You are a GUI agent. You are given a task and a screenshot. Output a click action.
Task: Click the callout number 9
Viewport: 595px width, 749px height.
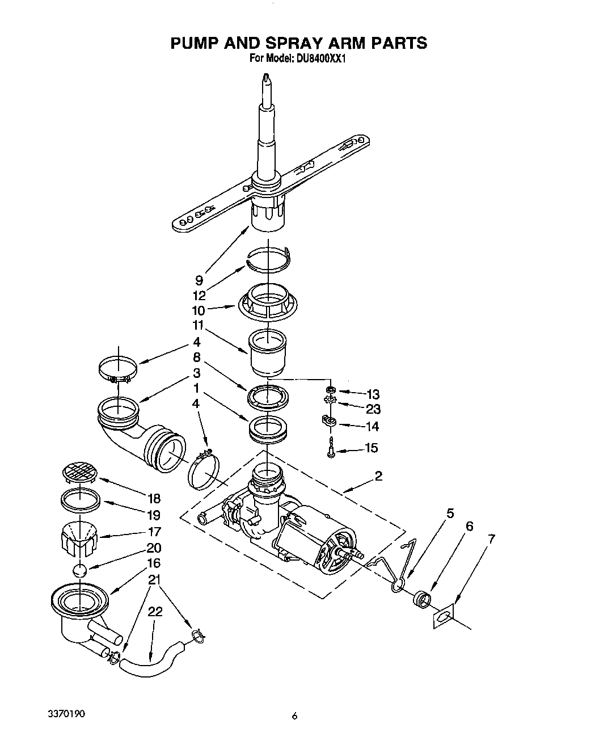(199, 280)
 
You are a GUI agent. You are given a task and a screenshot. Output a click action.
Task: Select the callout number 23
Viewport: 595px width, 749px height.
(373, 409)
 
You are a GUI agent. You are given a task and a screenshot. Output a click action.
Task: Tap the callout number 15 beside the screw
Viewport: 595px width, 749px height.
(372, 448)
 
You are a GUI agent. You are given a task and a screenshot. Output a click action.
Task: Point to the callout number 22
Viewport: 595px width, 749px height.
(155, 612)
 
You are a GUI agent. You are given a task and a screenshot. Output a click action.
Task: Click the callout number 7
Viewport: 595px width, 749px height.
(491, 540)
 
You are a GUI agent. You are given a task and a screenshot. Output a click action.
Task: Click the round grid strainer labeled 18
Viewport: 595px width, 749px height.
(80, 471)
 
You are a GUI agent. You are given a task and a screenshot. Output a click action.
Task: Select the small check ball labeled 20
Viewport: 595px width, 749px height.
(81, 570)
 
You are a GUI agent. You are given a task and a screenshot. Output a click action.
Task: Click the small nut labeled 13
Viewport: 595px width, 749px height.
(330, 390)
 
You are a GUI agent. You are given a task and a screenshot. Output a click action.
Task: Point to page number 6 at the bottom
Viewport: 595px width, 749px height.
(294, 716)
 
